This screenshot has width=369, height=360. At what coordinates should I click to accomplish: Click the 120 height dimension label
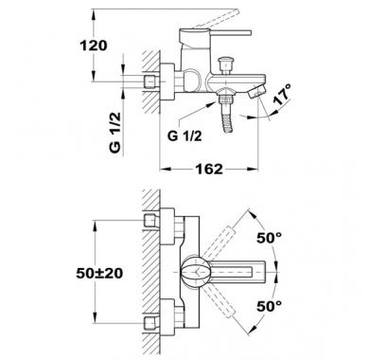click(94, 45)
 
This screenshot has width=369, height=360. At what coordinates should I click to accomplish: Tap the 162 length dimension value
click(209, 169)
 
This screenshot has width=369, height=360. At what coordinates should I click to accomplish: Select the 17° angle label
click(282, 95)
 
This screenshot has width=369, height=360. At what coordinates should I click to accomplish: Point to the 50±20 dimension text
click(99, 273)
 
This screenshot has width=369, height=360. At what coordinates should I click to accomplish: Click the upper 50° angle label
click(269, 238)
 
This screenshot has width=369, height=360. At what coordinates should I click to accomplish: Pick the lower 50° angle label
click(269, 306)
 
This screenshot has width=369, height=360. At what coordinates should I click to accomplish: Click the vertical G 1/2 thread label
click(115, 133)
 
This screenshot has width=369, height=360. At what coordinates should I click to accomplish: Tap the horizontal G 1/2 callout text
click(184, 136)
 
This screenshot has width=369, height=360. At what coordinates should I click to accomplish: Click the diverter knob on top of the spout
click(225, 64)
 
